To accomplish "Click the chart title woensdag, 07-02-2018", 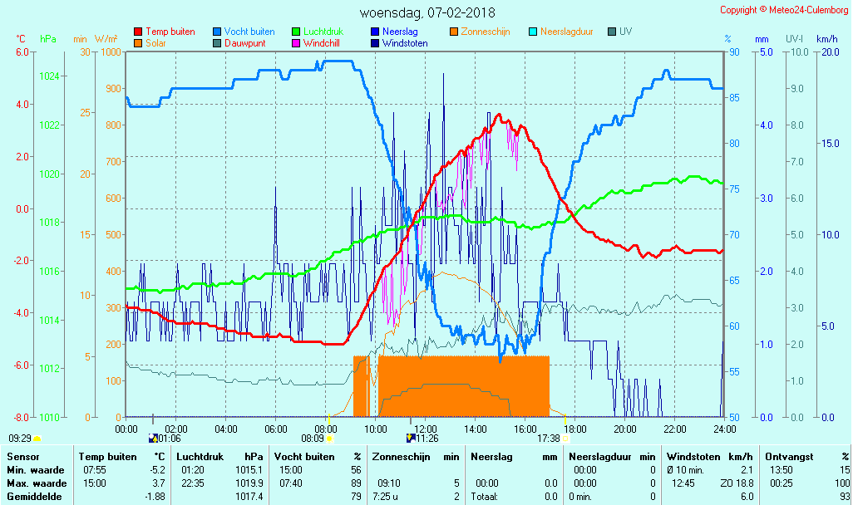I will point(426,12).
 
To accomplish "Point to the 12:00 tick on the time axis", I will point(426,429).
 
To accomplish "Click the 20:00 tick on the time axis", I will point(625,429).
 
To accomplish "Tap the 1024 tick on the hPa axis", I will point(50,76).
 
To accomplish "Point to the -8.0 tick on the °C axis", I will point(21,417).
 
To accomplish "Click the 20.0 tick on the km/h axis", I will point(828,51).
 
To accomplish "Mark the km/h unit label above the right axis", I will point(826,39).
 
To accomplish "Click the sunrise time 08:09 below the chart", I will point(312,439).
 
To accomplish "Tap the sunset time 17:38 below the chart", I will point(548,439).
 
